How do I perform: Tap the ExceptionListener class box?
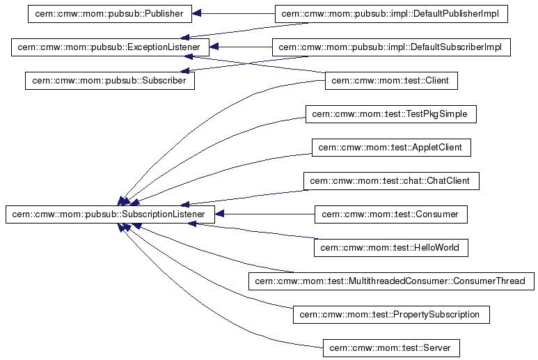pyautogui.click(x=111, y=47)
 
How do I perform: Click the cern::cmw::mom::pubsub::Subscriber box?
pyautogui.click(x=110, y=81)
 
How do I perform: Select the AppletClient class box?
pyautogui.click(x=391, y=148)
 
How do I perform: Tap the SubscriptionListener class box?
pyautogui.click(x=110, y=214)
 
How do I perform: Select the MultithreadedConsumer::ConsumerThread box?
pyautogui.click(x=391, y=281)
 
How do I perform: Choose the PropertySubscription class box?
pyautogui.click(x=391, y=315)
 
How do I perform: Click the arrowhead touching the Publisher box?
pyautogui.click(x=197, y=13)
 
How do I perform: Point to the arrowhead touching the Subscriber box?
pyautogui.click(x=184, y=70)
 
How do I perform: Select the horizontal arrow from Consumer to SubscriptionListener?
pyautogui.click(x=264, y=214)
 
